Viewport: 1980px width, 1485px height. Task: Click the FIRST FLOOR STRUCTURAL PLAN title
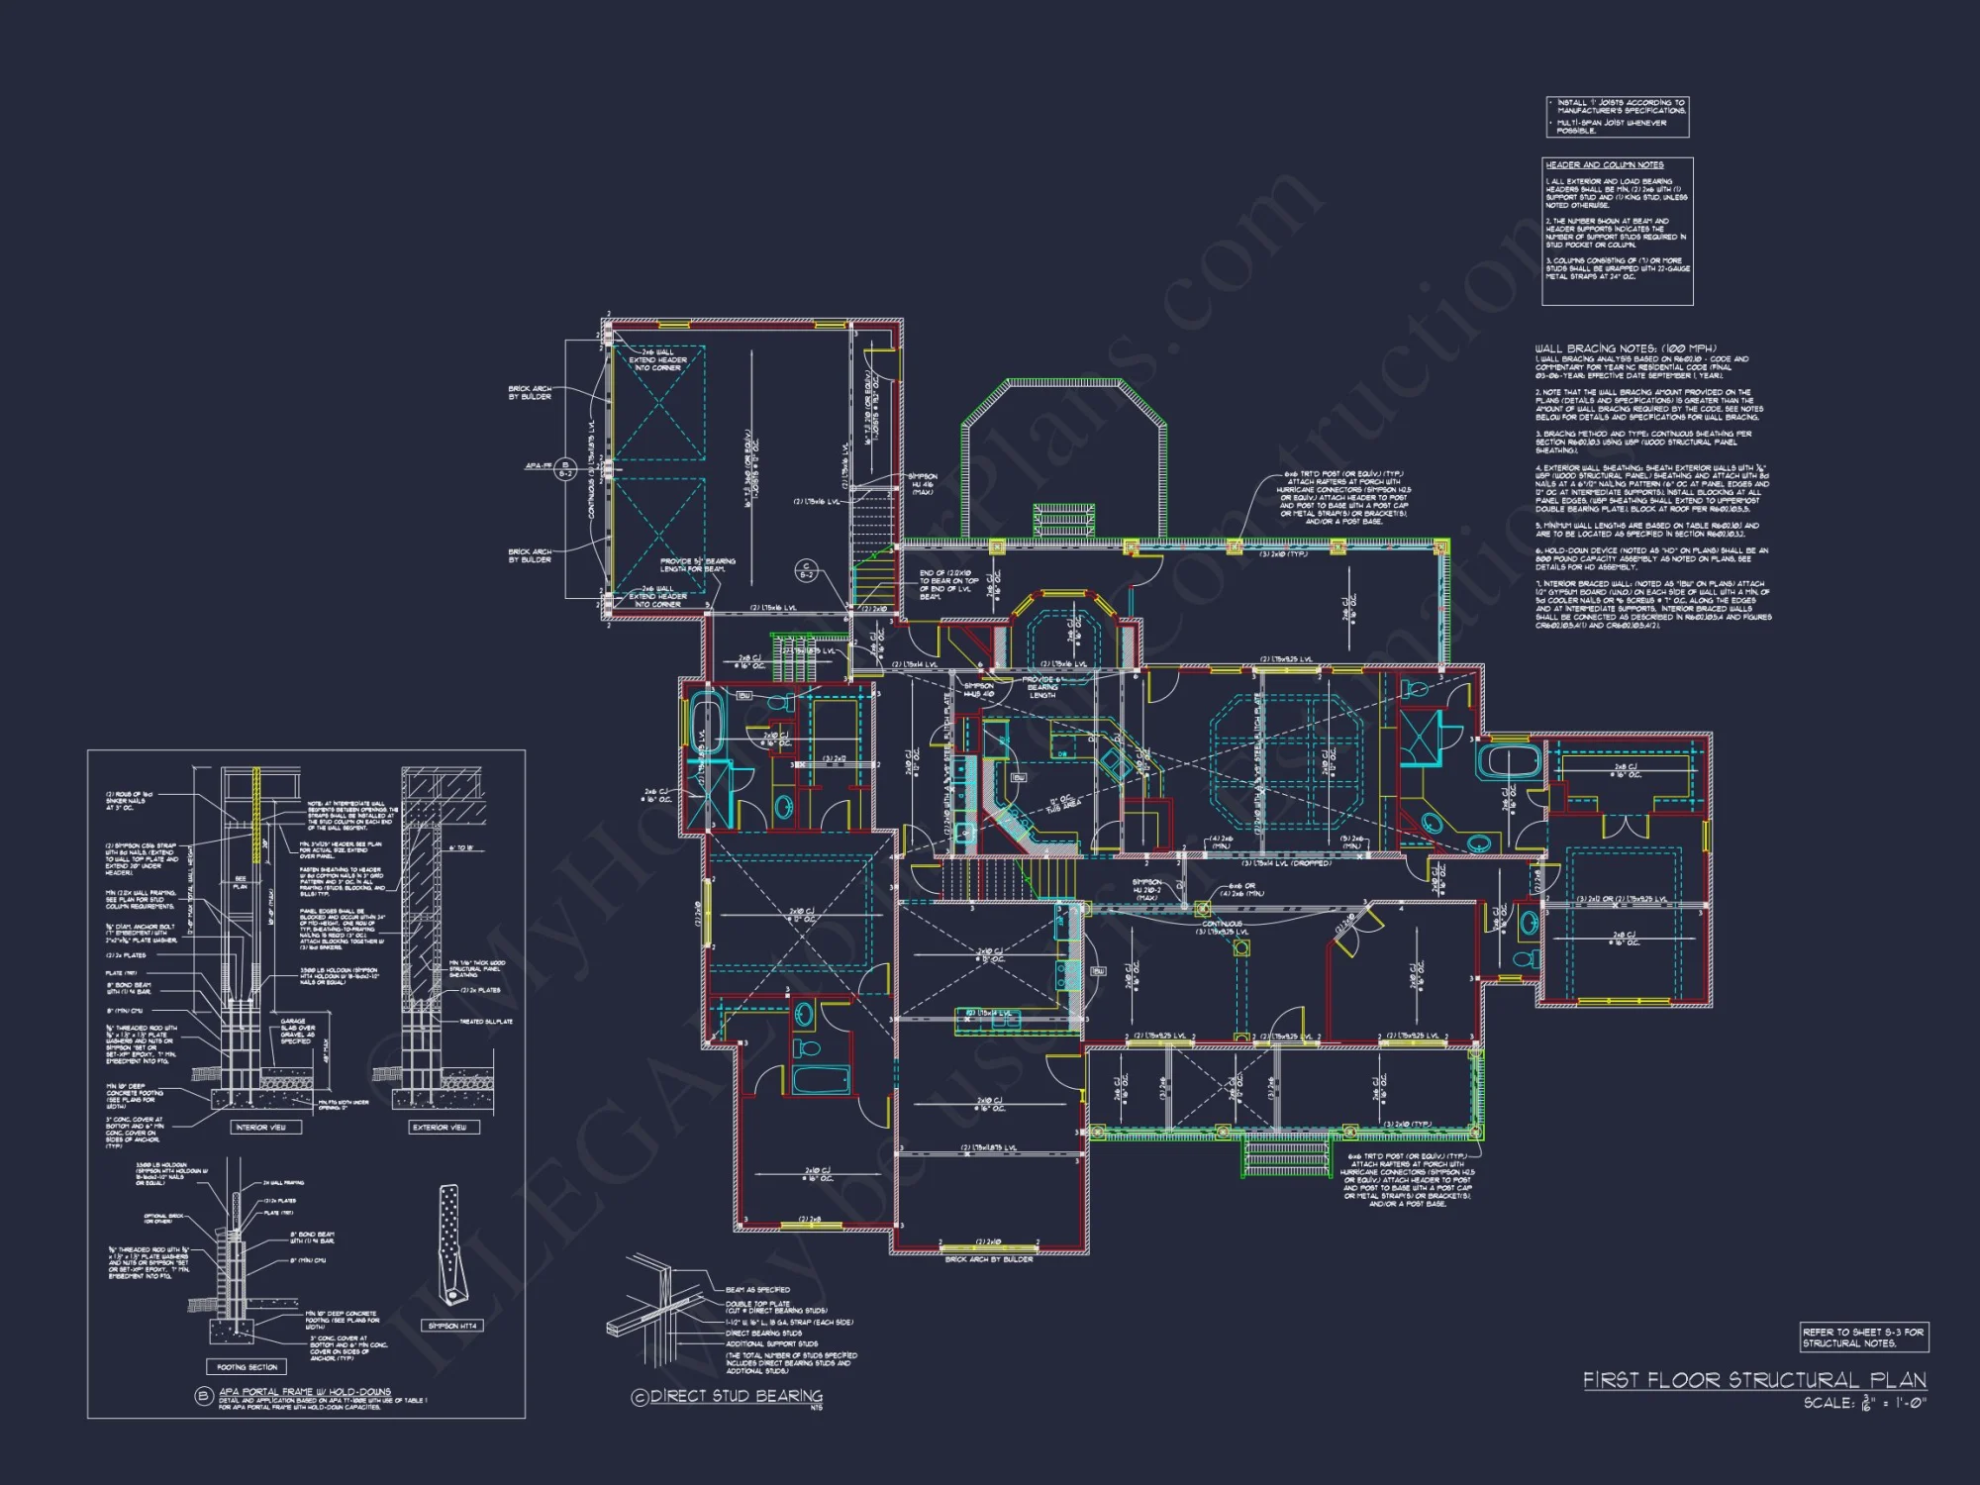[1753, 1379]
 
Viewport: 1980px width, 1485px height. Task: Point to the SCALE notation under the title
[1864, 1403]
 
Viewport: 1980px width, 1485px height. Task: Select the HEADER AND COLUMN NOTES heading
[1604, 165]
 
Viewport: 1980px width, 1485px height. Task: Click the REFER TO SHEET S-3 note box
[1863, 1337]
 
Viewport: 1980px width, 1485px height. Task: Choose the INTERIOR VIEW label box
[260, 1127]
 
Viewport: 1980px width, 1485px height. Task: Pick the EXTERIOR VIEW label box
[439, 1127]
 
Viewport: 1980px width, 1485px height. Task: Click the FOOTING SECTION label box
[247, 1367]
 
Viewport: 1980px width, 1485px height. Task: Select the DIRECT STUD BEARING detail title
[735, 1396]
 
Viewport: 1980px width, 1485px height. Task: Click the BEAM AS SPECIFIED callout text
[757, 1290]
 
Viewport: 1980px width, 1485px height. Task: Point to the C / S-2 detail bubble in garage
[807, 571]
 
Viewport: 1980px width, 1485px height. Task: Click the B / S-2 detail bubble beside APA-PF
[565, 468]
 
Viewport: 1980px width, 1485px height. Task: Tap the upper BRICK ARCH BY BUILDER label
[530, 392]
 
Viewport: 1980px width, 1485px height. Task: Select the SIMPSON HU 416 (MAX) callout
[922, 484]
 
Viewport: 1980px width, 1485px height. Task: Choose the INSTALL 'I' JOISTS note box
[1617, 116]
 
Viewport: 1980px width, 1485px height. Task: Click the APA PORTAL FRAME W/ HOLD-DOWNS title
[304, 1391]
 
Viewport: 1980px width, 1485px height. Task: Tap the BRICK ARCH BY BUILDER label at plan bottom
[988, 1259]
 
